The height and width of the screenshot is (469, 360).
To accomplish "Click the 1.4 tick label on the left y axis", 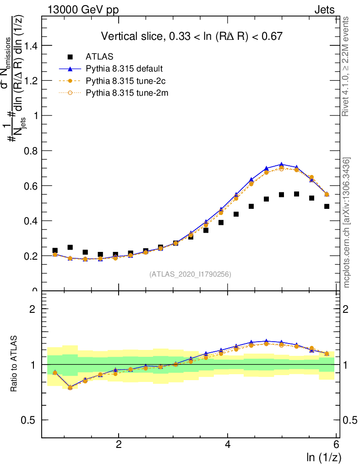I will click(x=32, y=45).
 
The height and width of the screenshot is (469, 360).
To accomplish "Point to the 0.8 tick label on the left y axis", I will click(x=32, y=151).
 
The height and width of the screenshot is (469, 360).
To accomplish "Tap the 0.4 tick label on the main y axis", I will click(x=32, y=221).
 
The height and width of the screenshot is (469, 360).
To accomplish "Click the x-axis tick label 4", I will click(x=228, y=444).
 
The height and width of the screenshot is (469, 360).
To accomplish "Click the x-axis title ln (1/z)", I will click(x=323, y=457).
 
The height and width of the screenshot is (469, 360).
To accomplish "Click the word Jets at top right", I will click(x=324, y=10).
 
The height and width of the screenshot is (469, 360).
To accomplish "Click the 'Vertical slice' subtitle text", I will click(x=191, y=36).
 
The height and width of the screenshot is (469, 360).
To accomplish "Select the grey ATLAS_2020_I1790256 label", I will click(x=190, y=274).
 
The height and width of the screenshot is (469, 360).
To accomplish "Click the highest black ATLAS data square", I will click(x=296, y=194).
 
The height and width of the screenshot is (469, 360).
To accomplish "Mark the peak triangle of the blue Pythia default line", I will click(x=281, y=164).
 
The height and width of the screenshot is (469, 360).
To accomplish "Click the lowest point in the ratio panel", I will click(x=70, y=387).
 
